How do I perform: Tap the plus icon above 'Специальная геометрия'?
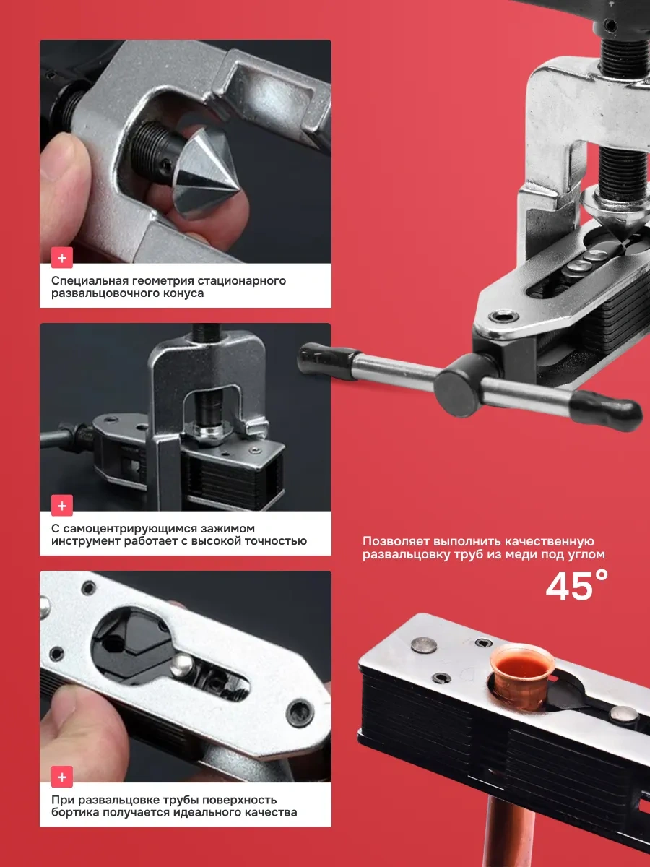coord(62,258)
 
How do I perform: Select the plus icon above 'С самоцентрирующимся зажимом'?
coord(62,506)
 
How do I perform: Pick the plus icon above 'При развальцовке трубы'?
coord(62,777)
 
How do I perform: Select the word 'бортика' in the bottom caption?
coord(72,813)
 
